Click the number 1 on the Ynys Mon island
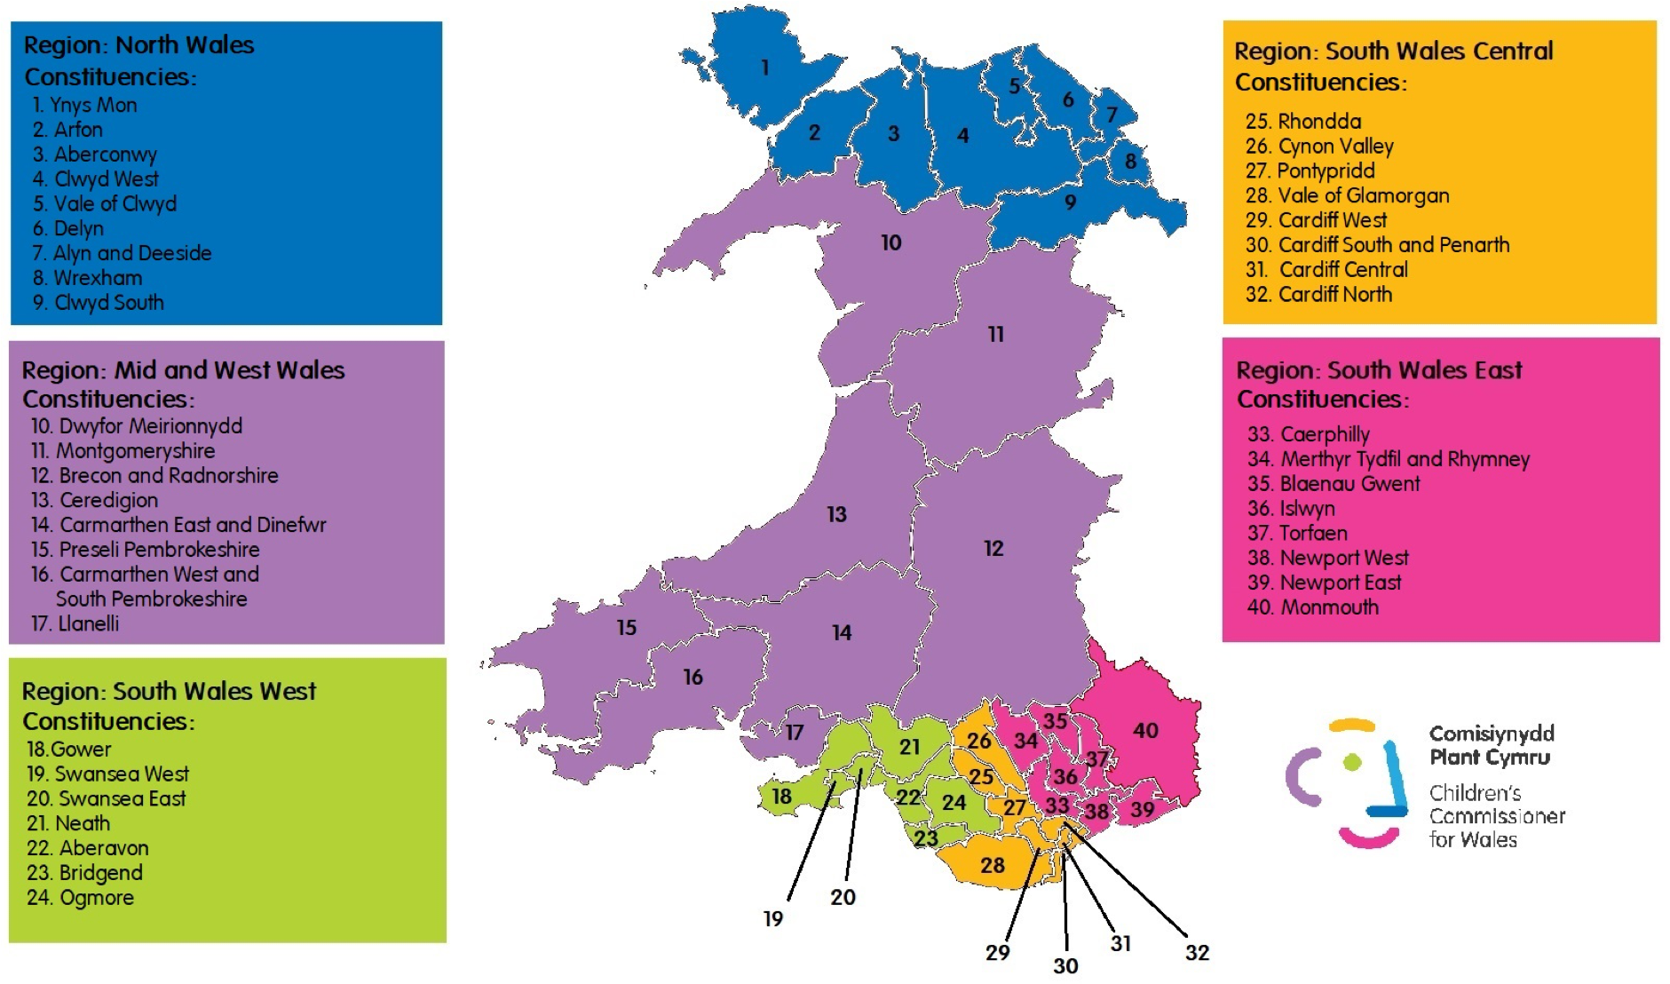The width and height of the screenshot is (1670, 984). coord(764,67)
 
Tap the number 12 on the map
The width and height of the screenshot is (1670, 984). coord(993,549)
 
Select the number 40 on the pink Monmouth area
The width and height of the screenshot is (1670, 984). coord(1145,730)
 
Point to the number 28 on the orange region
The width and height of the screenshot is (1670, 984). coord(993,865)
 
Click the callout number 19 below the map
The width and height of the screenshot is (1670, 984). coord(773,919)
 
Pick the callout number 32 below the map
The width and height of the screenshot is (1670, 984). coord(1197,953)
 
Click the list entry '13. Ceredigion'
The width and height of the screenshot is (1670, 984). coord(94,500)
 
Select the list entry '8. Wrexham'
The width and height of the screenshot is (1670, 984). coord(87,278)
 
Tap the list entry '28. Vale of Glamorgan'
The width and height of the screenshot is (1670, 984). coord(1347,195)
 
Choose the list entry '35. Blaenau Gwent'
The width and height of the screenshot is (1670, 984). coord(1334,484)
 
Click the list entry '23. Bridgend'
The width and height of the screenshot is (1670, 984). coord(84,873)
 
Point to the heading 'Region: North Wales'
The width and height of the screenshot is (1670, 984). coord(139,45)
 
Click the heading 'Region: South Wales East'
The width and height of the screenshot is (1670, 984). coord(1379,370)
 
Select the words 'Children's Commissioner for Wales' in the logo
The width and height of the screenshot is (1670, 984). coord(1496,816)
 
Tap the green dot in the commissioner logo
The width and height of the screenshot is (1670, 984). coord(1352,762)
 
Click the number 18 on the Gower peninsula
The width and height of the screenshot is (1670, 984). coord(781,797)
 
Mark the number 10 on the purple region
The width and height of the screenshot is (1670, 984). coord(890,242)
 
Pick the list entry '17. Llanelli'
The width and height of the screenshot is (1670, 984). coord(75,623)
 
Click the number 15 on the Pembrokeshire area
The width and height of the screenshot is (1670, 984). coord(626,628)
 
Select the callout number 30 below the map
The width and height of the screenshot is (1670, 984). coord(1065,965)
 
